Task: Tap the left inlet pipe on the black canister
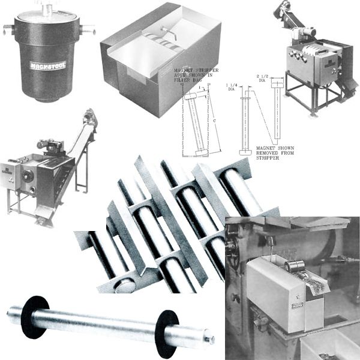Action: (x=8, y=28)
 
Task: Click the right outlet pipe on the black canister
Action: (x=88, y=28)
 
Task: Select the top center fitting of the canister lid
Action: (x=47, y=7)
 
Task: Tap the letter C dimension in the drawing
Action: (x=215, y=119)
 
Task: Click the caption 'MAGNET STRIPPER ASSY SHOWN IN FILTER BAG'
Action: (x=193, y=77)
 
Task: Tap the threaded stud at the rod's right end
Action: (x=209, y=340)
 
